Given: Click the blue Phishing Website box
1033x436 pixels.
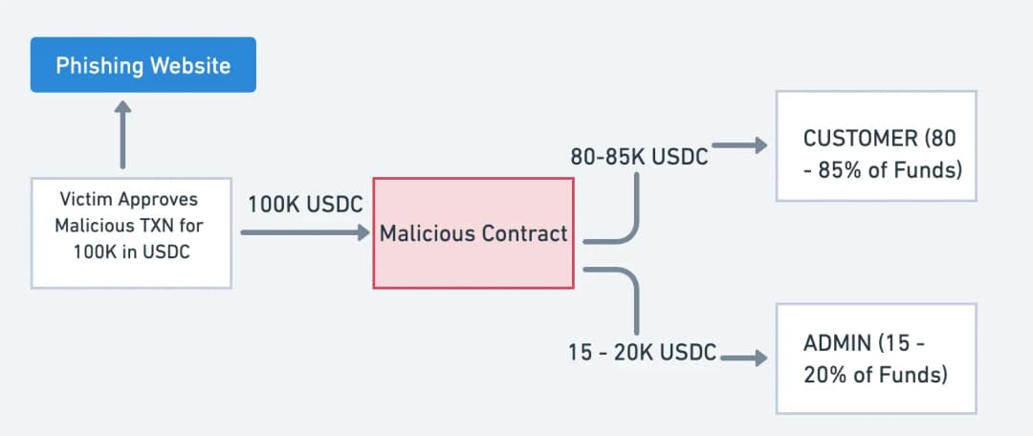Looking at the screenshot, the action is [143, 65].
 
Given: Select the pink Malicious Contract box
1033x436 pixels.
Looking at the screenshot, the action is [473, 233].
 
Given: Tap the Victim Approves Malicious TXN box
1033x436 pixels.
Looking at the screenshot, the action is [131, 233].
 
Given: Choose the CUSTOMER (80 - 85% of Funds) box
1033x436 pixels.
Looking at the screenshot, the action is [875, 145].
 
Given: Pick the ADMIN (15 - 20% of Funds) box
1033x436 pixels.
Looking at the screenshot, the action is [875, 359].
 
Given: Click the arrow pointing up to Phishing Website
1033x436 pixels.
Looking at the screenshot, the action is [122, 135].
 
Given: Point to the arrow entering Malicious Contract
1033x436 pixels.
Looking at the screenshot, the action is [305, 232].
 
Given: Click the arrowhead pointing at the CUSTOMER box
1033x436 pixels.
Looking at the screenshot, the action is [761, 145].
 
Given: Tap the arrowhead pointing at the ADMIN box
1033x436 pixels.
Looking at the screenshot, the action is [761, 359].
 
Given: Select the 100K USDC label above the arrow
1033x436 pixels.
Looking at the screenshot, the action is [305, 205].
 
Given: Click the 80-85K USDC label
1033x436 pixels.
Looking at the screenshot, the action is [639, 157].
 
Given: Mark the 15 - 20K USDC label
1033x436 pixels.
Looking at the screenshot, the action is [643, 353].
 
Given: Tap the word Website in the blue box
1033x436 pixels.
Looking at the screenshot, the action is [190, 65].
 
